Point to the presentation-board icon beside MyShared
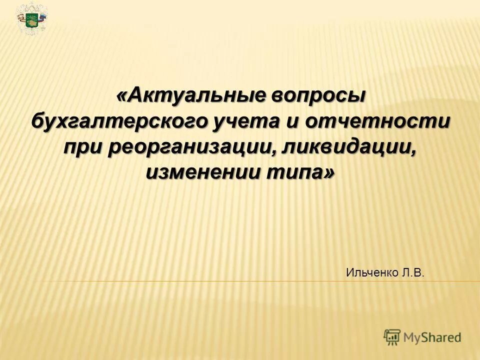[392, 336]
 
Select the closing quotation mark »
[329, 173]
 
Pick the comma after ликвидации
[414, 152]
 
